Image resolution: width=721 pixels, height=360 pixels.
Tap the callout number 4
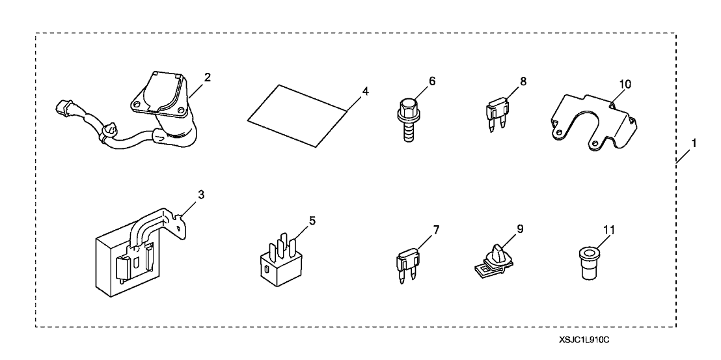[365, 91]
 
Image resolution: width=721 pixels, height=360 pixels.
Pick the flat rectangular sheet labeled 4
[299, 114]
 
